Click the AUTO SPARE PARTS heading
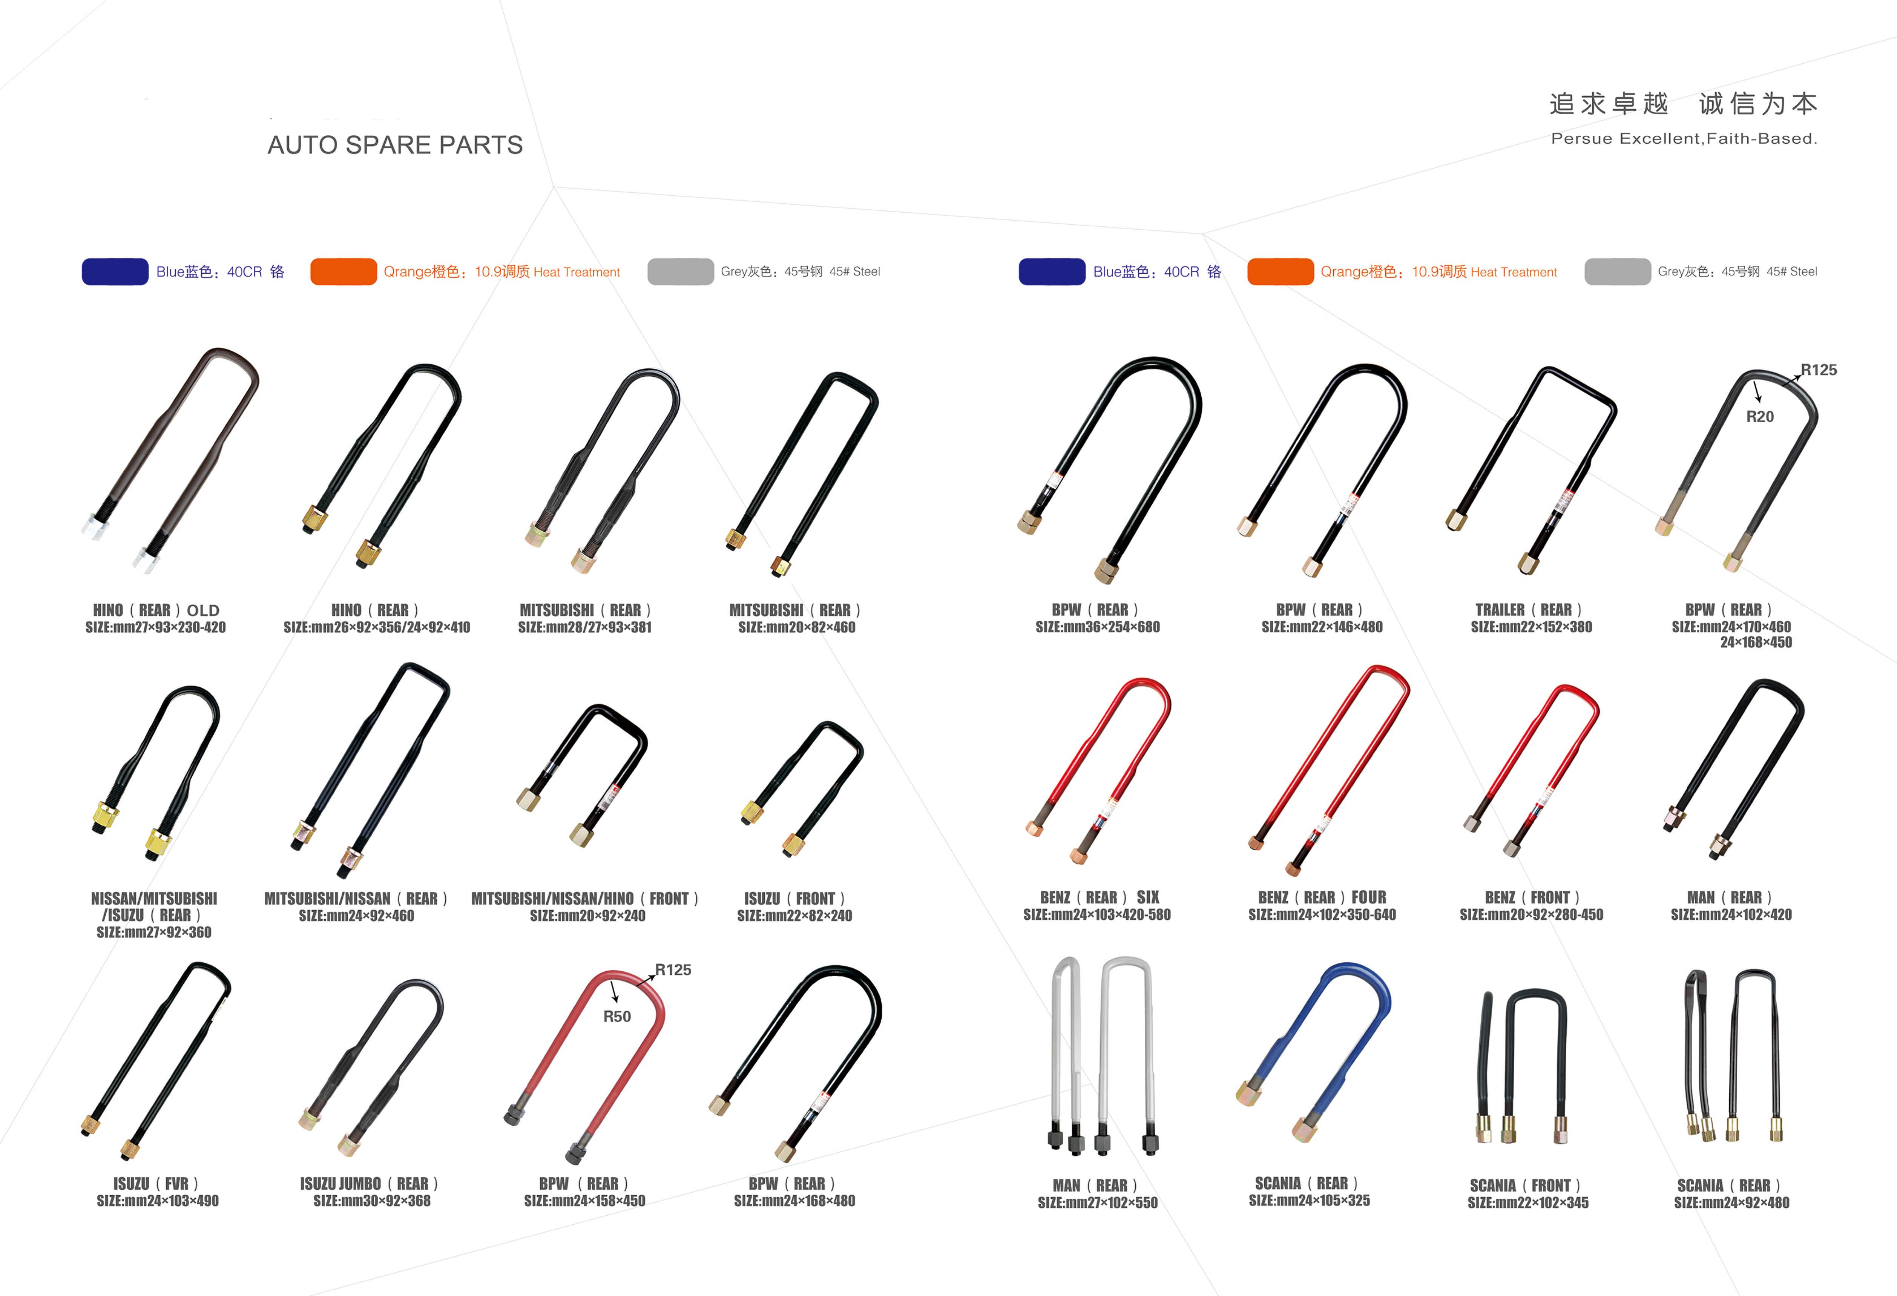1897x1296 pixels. (x=395, y=145)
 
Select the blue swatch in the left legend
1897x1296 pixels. (x=115, y=272)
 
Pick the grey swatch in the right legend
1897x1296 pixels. (x=1617, y=272)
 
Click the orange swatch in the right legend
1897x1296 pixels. (x=1280, y=272)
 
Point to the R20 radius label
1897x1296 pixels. (x=1760, y=417)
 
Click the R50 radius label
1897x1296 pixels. (x=617, y=1017)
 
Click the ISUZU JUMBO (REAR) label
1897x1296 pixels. (x=369, y=1183)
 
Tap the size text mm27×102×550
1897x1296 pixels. (x=1098, y=1203)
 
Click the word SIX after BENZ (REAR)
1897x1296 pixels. (x=1148, y=897)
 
